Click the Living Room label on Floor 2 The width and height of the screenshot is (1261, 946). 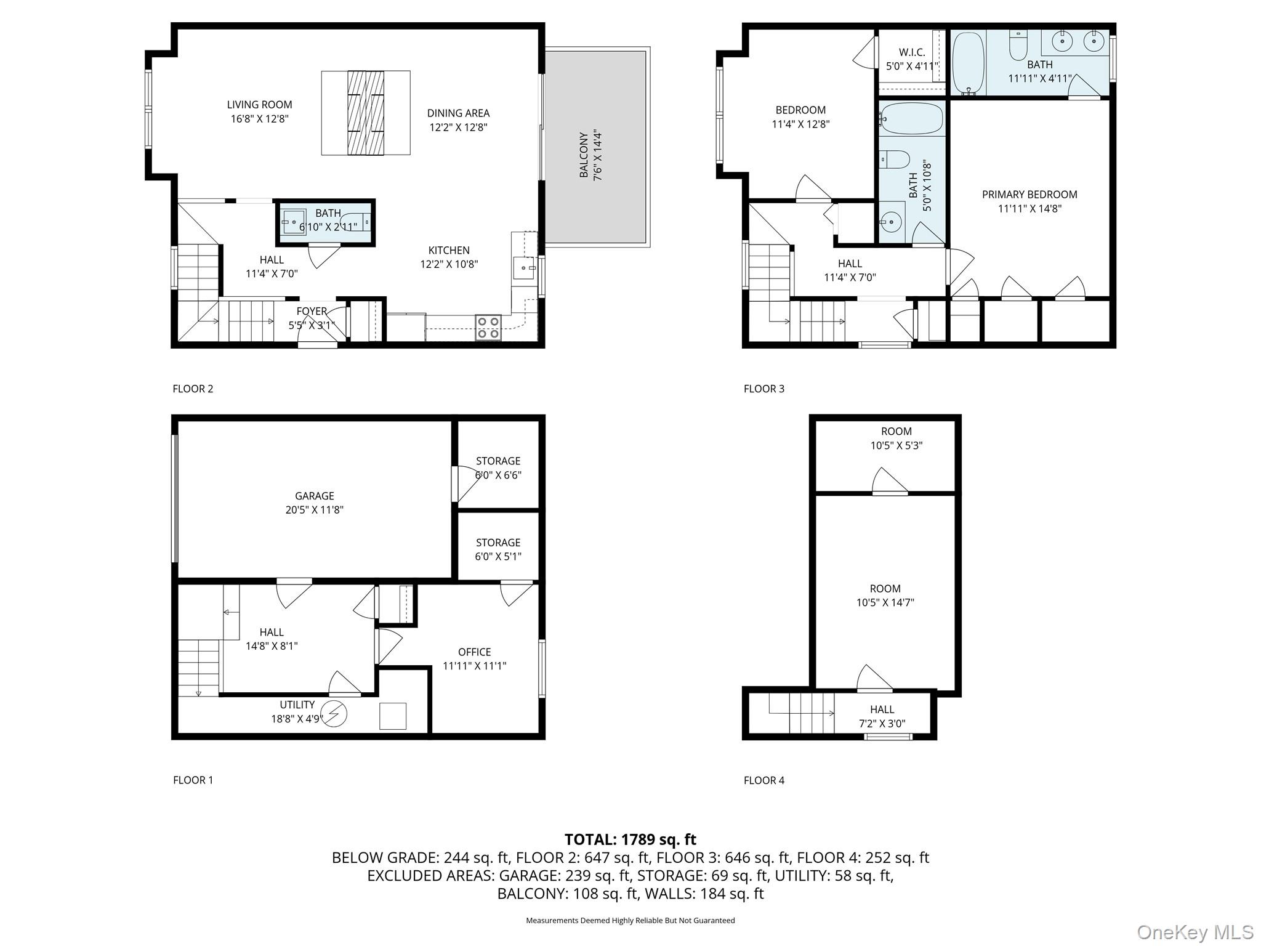click(x=259, y=105)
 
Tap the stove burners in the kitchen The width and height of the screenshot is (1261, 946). click(x=488, y=327)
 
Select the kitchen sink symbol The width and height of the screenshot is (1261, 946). click(x=524, y=269)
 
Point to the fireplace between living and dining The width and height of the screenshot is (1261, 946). click(x=366, y=113)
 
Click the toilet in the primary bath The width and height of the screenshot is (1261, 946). click(x=1018, y=46)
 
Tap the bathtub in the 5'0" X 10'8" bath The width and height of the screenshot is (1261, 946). click(x=911, y=118)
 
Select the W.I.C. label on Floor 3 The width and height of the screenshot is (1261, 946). click(x=912, y=53)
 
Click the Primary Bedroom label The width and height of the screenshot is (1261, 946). click(x=1029, y=195)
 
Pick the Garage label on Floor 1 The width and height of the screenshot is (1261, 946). click(x=314, y=496)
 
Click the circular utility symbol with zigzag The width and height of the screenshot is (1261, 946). click(x=335, y=714)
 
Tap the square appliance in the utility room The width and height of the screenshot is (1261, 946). click(x=393, y=716)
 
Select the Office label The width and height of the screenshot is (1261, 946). click(x=474, y=652)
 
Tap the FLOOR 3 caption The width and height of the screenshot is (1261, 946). click(x=764, y=389)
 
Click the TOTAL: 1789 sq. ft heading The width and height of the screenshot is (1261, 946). click(x=630, y=839)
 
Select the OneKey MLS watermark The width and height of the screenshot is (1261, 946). click(x=1195, y=932)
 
